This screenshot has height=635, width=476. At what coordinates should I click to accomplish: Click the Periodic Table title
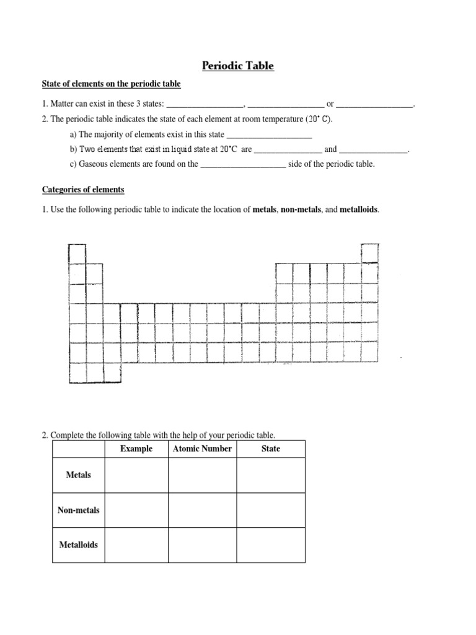click(x=239, y=65)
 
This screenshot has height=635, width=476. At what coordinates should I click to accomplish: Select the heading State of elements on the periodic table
click(x=111, y=84)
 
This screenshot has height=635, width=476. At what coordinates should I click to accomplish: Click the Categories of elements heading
click(x=83, y=190)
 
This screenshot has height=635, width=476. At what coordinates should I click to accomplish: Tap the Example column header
click(x=136, y=448)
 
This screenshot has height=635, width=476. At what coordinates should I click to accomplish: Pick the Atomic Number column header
click(x=202, y=448)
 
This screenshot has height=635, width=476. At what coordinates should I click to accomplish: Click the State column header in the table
click(x=270, y=448)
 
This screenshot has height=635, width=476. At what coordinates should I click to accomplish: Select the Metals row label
click(x=78, y=475)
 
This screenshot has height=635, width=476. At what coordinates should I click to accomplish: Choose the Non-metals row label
click(x=78, y=510)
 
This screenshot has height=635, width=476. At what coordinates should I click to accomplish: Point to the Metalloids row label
click(x=78, y=545)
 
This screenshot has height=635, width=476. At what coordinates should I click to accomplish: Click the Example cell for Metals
click(x=136, y=475)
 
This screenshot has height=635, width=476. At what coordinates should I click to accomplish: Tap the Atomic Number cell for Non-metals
click(x=202, y=510)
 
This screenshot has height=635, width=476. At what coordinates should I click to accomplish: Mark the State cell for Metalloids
click(x=270, y=545)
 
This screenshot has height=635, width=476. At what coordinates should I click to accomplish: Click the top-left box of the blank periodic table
click(x=77, y=254)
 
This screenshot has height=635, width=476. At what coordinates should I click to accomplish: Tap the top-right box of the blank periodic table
click(x=369, y=253)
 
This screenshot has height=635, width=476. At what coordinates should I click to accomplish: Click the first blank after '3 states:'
click(x=206, y=104)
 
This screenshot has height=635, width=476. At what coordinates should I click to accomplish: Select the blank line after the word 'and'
click(x=374, y=150)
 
